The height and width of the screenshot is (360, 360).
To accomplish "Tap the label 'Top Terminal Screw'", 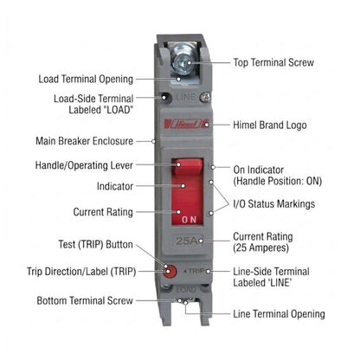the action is click(273, 62).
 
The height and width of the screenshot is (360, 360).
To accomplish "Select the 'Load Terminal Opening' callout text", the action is click(86, 79).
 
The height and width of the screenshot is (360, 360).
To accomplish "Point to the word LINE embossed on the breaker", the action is click(186, 97).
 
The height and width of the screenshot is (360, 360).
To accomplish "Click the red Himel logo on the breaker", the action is click(186, 124).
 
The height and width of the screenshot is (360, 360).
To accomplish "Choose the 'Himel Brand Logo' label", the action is click(270, 125).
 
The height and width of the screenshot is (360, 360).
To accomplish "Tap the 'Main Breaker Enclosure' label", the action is click(84, 141).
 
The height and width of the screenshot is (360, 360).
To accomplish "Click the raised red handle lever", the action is click(188, 166).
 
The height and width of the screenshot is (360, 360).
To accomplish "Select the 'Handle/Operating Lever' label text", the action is click(84, 165).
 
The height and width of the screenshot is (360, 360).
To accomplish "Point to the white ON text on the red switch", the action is click(190, 220).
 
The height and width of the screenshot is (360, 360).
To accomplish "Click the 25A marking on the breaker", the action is click(187, 241).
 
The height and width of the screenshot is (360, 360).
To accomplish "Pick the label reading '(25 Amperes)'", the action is click(260, 247).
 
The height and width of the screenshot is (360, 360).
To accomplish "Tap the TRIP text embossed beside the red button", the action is click(196, 271).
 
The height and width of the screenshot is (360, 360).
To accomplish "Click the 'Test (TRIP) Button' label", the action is click(95, 244).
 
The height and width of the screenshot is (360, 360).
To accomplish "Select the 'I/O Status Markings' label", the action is click(274, 203).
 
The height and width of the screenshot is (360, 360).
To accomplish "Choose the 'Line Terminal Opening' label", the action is click(279, 313).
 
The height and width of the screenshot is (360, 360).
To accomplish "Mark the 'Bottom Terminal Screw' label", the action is click(85, 300).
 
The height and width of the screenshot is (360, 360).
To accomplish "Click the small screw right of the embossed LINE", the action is click(205, 97).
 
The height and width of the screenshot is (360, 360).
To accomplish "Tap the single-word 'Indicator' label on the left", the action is click(115, 186).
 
